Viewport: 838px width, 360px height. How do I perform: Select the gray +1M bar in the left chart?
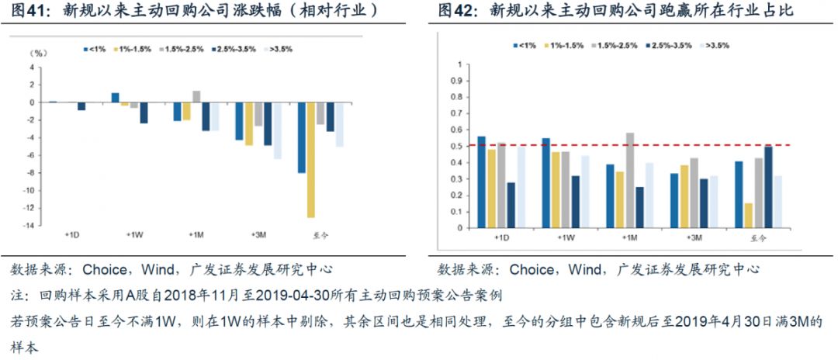click(196, 96)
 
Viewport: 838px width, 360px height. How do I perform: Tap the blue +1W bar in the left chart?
click(115, 97)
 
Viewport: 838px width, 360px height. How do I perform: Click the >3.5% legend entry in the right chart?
click(716, 46)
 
